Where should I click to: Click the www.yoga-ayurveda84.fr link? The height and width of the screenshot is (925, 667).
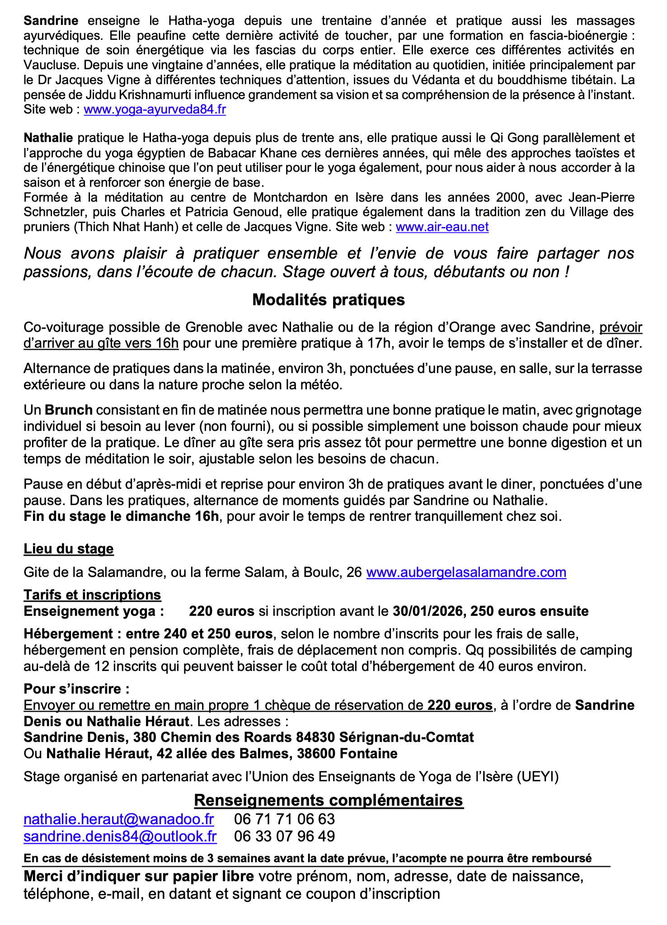(x=155, y=110)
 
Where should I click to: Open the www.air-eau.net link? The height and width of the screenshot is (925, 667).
(x=442, y=227)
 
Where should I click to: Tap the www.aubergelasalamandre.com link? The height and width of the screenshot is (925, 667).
(x=466, y=572)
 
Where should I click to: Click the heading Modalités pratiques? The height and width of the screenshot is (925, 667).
(x=329, y=300)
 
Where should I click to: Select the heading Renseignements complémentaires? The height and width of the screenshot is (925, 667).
(x=329, y=800)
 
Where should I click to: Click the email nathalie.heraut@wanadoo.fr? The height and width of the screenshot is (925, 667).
(x=118, y=819)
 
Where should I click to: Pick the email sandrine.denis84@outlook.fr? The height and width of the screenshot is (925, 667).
(x=120, y=836)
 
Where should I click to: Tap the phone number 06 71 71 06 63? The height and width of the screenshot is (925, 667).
(x=285, y=819)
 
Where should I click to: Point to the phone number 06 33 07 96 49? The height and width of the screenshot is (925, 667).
(x=285, y=836)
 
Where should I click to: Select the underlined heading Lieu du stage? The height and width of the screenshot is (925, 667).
(x=69, y=549)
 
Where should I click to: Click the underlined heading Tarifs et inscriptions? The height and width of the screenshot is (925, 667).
(x=92, y=595)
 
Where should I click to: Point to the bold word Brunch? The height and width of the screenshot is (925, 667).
(x=69, y=410)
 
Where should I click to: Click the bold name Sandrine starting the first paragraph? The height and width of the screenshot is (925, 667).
(x=51, y=21)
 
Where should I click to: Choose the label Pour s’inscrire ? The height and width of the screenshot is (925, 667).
(x=76, y=689)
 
